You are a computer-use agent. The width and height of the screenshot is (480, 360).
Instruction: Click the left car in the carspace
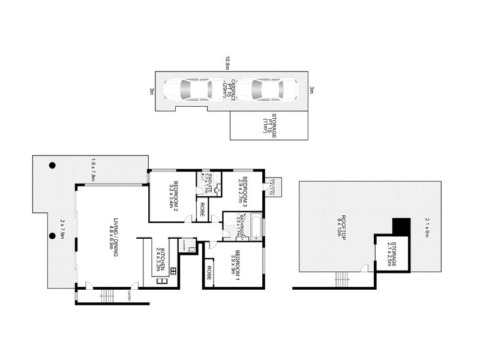187,90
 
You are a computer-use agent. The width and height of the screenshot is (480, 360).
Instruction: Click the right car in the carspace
259,90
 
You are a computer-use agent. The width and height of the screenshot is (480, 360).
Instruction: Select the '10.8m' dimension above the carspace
227,63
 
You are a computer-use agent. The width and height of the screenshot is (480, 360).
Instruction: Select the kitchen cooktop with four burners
173,271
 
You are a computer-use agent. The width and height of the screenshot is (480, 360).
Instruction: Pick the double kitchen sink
161,281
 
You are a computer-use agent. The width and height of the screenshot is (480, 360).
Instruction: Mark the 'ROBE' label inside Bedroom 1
209,272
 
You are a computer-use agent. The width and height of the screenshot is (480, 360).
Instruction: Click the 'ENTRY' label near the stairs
129,295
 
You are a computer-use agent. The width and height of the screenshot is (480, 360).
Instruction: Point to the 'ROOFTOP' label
341,225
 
